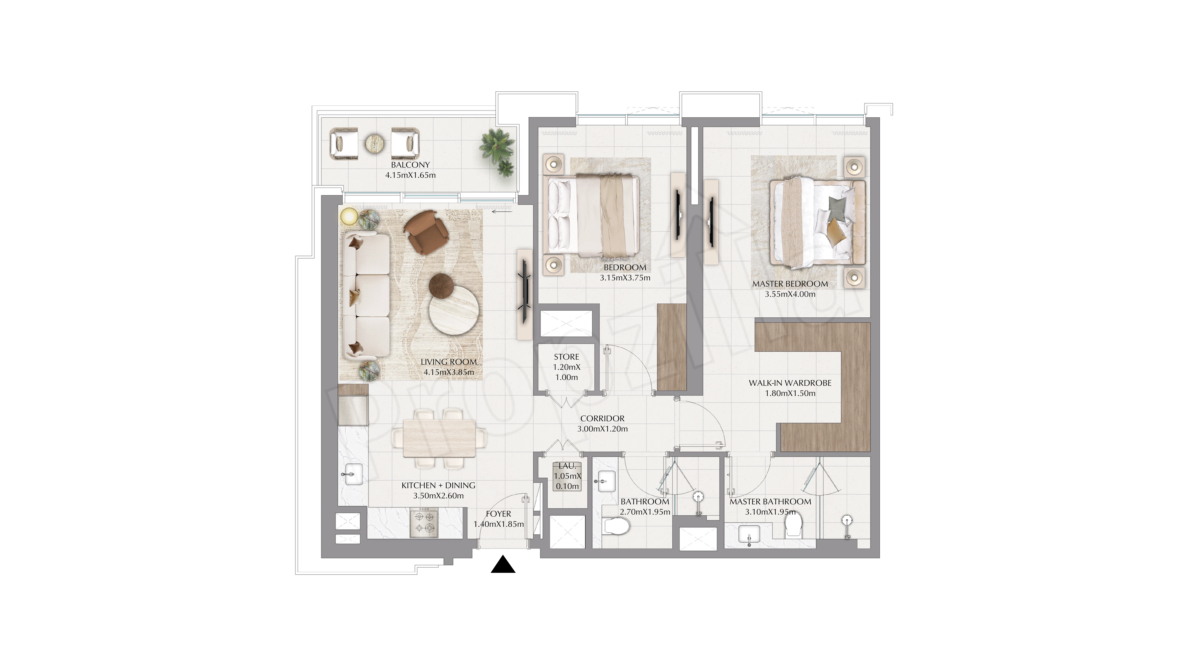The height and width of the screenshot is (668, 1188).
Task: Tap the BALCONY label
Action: pyautogui.click(x=410, y=165)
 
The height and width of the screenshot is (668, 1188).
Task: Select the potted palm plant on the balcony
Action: pyautogui.click(x=498, y=151)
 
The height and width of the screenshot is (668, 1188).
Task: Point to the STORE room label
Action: pyautogui.click(x=566, y=357)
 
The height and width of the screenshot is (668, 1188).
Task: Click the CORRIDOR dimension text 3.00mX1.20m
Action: pyautogui.click(x=602, y=429)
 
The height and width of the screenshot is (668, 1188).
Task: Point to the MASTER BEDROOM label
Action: pyautogui.click(x=790, y=284)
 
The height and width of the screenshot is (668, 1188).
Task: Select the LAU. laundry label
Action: pyautogui.click(x=567, y=466)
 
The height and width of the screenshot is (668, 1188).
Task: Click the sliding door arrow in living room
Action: pyautogui.click(x=502, y=212)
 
